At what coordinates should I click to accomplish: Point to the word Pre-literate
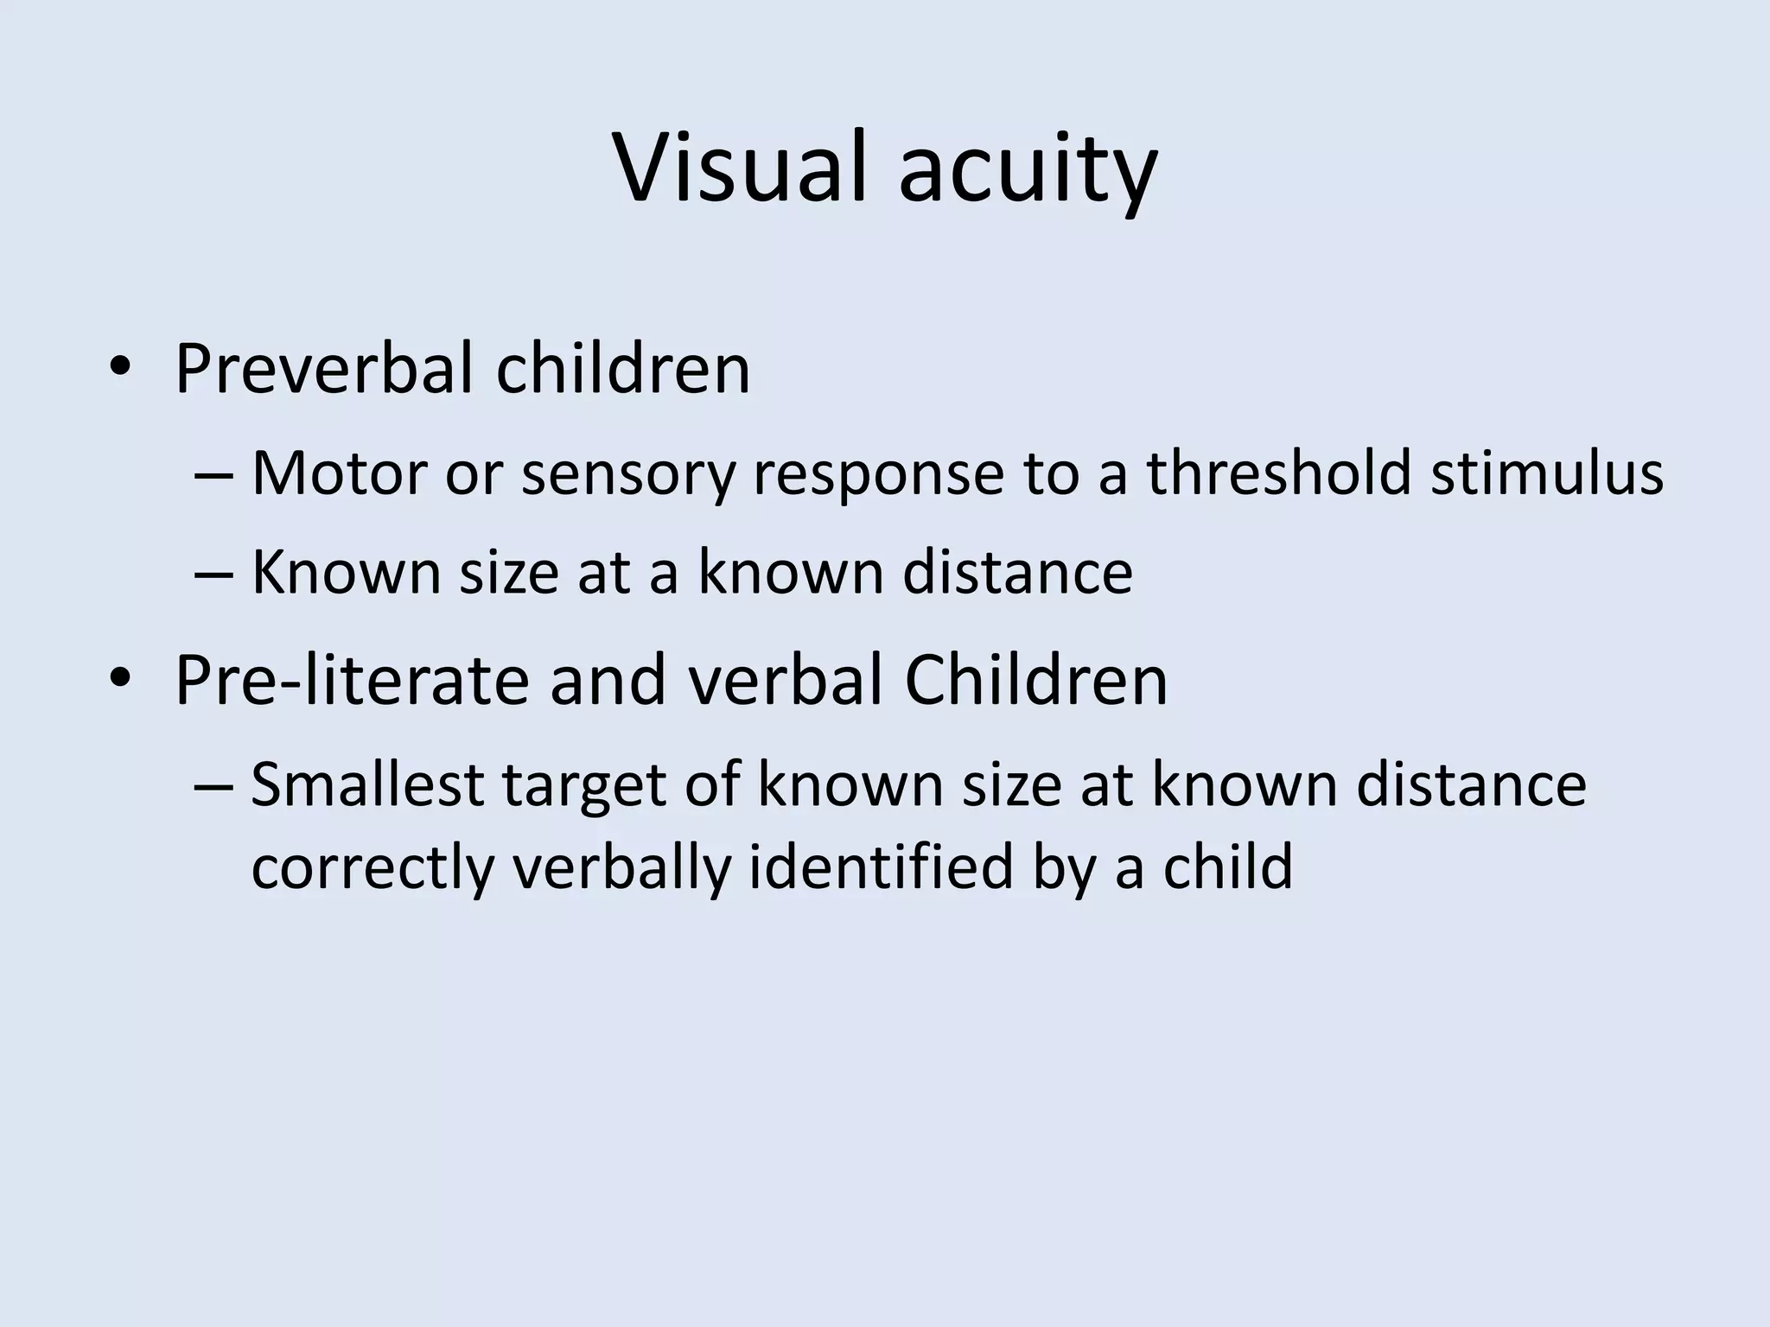coord(352,681)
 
